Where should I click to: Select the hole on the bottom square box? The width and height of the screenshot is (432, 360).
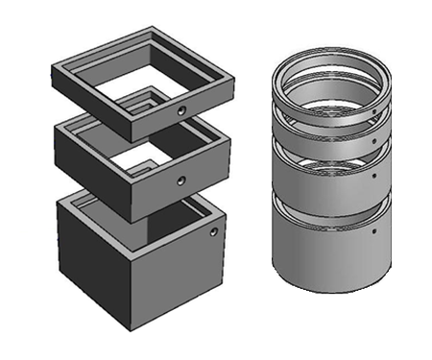[x=212, y=232]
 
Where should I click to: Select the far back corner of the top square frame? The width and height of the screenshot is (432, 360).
[x=153, y=32]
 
